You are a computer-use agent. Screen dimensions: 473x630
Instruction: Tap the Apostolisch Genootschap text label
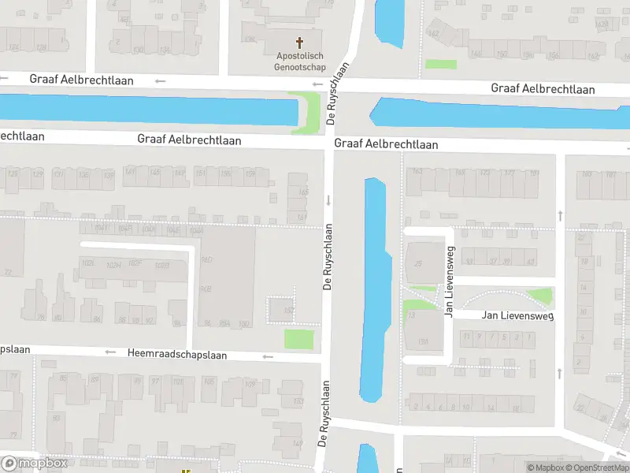(300, 61)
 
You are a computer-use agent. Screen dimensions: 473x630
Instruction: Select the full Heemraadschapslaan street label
(176, 355)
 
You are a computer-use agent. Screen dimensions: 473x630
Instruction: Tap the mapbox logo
(35, 464)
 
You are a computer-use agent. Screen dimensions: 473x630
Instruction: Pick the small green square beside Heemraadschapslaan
(298, 340)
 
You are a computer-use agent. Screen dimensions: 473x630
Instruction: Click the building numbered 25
(419, 263)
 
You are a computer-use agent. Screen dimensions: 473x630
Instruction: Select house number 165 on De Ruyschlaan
(303, 192)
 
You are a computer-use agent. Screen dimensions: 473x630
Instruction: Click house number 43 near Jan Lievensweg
(530, 262)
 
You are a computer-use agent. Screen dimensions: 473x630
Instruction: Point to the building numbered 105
(208, 382)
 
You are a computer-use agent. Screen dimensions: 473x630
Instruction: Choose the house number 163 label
(417, 171)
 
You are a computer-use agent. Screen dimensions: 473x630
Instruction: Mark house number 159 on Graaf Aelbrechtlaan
(250, 173)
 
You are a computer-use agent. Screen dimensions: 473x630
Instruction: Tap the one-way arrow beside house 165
(328, 200)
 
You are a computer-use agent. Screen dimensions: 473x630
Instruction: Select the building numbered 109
(250, 384)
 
